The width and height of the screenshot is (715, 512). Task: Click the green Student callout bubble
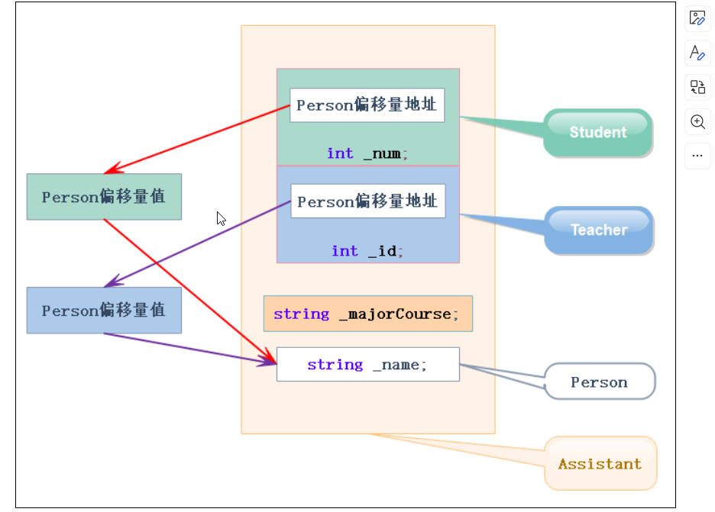pos(598,132)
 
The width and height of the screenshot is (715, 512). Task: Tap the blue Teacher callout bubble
pos(599,230)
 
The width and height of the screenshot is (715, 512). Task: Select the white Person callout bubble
pos(600,382)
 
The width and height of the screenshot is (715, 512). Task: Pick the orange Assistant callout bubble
pos(600,464)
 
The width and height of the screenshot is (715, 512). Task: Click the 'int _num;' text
pos(367,153)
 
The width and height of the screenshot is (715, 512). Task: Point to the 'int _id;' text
pos(367,251)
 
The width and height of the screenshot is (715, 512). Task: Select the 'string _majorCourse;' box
pos(367,314)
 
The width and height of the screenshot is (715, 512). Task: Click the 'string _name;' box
pos(367,365)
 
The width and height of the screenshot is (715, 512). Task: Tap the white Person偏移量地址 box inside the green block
pos(367,105)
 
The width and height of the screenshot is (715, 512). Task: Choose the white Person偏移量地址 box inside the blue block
pos(367,201)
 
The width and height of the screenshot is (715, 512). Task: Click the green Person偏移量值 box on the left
pos(104,197)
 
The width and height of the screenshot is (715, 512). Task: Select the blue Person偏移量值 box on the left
pos(104,311)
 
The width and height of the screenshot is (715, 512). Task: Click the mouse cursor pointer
pos(221,219)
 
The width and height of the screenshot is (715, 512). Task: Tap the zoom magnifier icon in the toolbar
pos(697,122)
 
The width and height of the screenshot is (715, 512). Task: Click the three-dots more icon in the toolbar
pos(697,156)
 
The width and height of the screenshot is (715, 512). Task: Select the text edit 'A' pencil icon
pos(697,53)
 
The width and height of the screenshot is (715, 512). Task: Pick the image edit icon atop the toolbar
pos(697,18)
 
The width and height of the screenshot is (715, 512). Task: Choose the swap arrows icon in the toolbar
pos(697,87)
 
